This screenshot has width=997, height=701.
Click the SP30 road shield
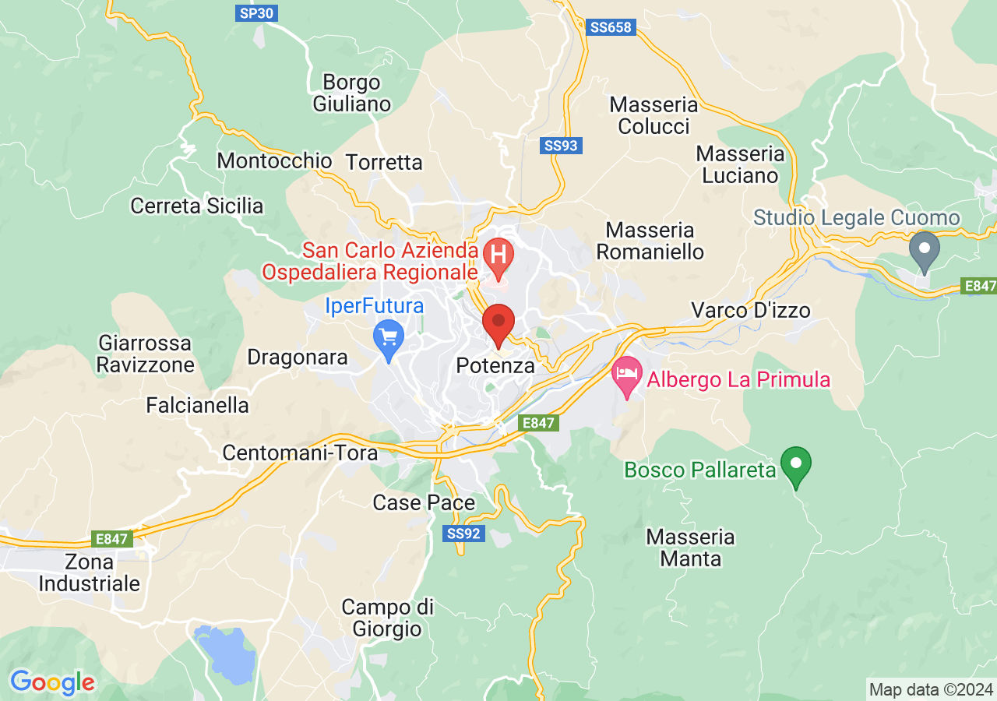point(257,12)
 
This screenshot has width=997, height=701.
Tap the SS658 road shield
point(611,27)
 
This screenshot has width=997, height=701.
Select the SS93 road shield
point(562,146)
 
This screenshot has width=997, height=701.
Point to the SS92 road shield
point(465,534)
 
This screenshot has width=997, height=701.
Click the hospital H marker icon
point(498,255)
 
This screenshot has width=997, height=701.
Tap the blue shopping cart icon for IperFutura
point(389,338)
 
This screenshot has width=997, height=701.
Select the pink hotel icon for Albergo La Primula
point(627,373)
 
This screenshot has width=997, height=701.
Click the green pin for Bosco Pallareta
point(796,463)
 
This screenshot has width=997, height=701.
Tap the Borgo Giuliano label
point(352,93)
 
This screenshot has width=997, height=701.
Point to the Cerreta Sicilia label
point(197,206)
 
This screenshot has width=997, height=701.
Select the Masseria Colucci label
point(654,115)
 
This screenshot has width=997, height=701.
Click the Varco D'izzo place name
point(751,311)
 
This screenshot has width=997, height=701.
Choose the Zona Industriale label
point(90,572)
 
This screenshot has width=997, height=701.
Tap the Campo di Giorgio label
point(387,618)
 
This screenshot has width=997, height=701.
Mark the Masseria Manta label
point(690,548)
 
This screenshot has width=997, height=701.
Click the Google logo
point(52,683)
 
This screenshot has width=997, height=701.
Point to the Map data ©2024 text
point(931,689)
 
